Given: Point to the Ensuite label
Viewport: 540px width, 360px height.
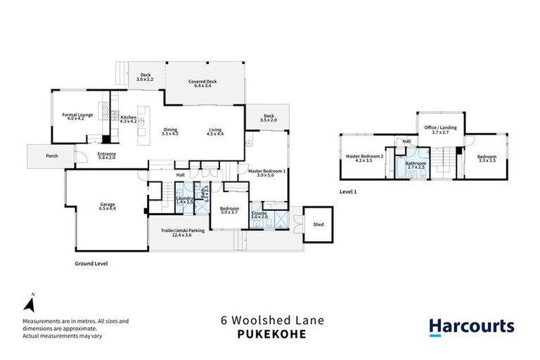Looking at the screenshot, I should [x=259, y=214].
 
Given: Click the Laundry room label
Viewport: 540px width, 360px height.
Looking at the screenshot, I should [x=184, y=200].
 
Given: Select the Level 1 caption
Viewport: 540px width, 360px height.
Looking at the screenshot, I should [x=348, y=191].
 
